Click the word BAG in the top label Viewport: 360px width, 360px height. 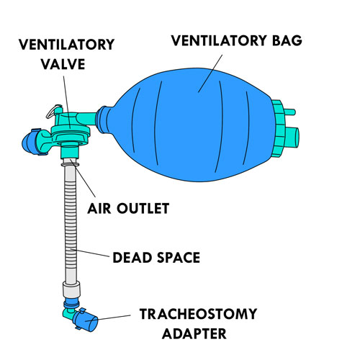287,40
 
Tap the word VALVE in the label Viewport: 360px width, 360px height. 63,64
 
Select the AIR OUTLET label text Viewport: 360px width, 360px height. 128,208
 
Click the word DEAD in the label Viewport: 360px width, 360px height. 132,258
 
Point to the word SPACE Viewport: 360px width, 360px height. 179,258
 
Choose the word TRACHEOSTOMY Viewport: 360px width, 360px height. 198,314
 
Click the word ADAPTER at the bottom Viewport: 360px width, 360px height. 194,334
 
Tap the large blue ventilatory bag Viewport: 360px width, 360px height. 187,125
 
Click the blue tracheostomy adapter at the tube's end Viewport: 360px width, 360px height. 85,320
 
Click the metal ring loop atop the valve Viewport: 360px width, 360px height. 54,112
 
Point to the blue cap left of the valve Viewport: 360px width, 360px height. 30,143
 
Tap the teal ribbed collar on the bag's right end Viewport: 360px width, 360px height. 279,128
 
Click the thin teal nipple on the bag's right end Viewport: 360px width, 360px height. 290,112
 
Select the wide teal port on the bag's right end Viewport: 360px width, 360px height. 292,138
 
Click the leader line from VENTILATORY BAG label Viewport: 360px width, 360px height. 210,73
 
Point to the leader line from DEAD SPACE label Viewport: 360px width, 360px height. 90,253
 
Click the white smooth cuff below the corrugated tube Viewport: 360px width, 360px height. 71,290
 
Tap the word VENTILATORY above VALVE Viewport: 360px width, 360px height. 66,45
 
